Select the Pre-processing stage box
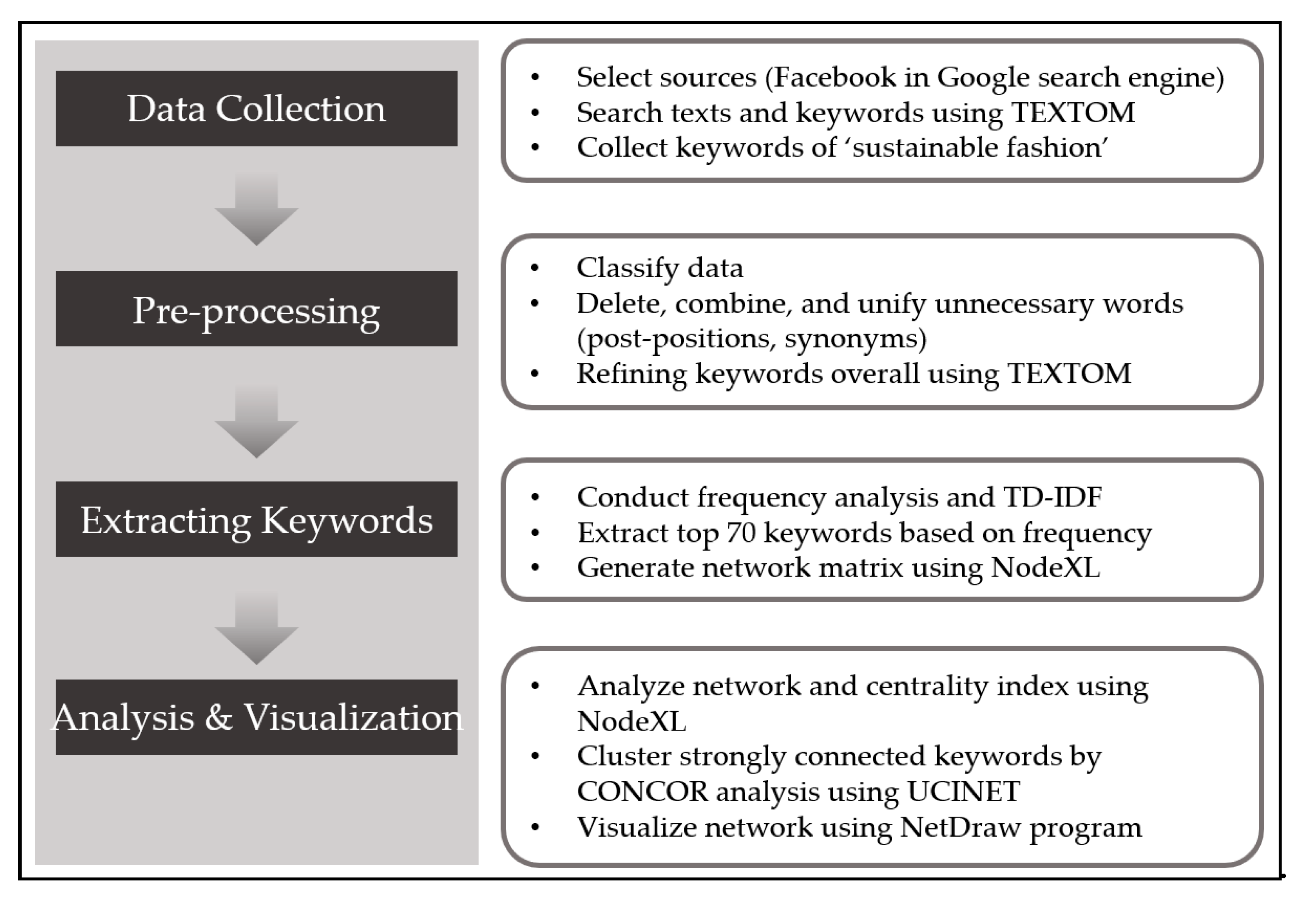pyautogui.click(x=256, y=309)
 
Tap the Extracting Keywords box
pyautogui.click(x=256, y=519)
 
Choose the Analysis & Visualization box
pyautogui.click(x=256, y=717)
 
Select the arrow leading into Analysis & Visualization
pyautogui.click(x=256, y=628)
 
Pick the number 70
pyautogui.click(x=741, y=533)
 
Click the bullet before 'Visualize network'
pyautogui.click(x=535, y=827)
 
